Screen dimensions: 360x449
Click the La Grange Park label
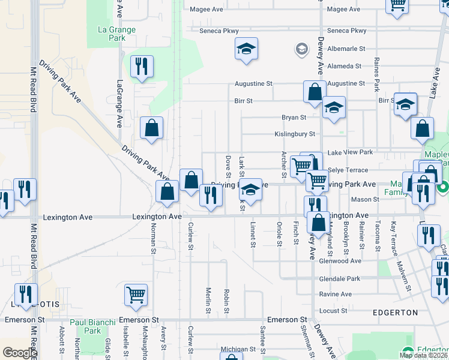(x=116, y=34)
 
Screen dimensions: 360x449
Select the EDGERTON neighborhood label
(x=395, y=313)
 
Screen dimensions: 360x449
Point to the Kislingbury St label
(x=295, y=134)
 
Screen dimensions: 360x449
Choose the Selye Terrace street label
(x=348, y=170)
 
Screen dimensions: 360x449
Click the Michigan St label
(x=238, y=349)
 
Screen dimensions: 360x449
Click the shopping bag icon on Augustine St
(x=315, y=92)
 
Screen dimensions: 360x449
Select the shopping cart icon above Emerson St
(x=136, y=295)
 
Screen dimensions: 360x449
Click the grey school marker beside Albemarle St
(x=301, y=49)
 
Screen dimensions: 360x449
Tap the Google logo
(x=19, y=353)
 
